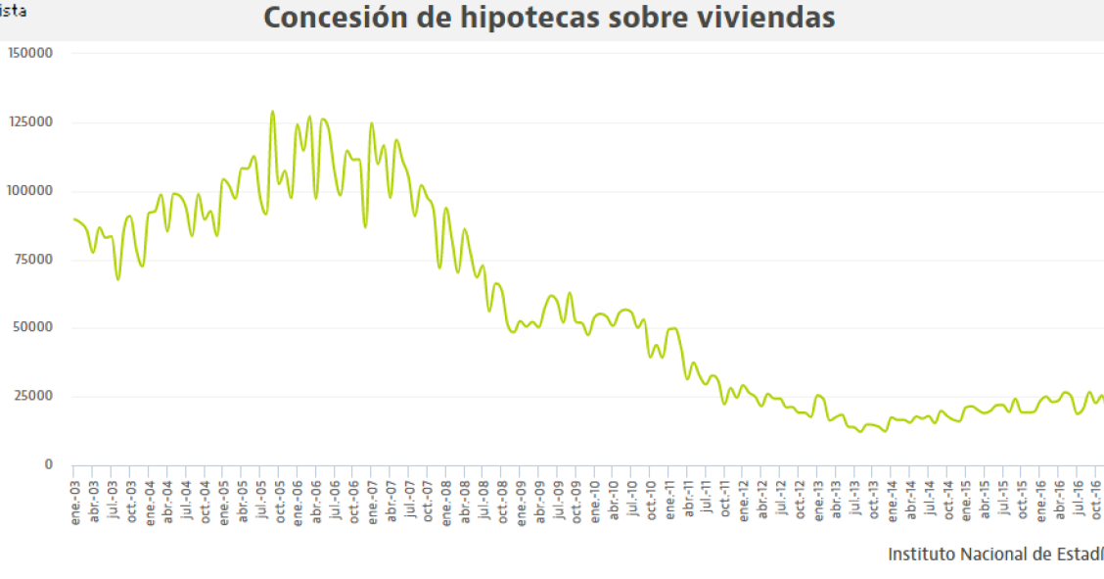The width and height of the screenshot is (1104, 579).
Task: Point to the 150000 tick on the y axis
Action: pos(29,53)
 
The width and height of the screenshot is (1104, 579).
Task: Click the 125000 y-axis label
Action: pos(29,121)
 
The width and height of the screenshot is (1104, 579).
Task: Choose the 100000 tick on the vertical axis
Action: pos(29,190)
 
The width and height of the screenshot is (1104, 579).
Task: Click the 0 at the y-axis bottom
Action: pos(48,464)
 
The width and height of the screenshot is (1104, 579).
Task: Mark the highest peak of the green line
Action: pos(272,112)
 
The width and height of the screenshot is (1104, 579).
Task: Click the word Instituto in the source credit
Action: pos(919,555)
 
